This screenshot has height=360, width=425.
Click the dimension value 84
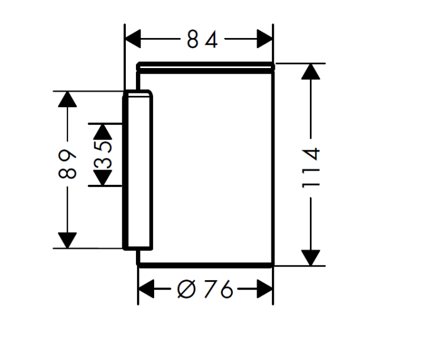[x=202, y=40]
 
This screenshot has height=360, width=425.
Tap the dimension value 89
[x=67, y=164]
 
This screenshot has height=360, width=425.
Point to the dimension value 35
[x=103, y=155]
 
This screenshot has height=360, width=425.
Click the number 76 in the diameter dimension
[x=218, y=290]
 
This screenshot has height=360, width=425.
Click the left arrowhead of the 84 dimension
[x=133, y=40]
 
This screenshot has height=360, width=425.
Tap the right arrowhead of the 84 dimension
[x=265, y=40]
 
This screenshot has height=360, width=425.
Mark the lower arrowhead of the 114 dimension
[x=311, y=257]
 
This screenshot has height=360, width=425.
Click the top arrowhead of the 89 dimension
[x=67, y=99]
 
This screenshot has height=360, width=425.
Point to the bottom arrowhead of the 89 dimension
[x=67, y=240]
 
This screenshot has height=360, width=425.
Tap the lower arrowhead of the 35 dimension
[x=102, y=179]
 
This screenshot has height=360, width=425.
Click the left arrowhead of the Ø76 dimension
[x=147, y=290]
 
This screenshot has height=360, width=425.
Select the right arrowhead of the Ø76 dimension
[x=265, y=290]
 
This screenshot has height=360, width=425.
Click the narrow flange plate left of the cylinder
[x=138, y=170]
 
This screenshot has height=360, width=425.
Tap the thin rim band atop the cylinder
[x=206, y=67]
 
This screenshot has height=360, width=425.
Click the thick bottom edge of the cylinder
[x=206, y=264]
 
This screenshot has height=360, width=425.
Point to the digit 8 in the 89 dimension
[x=67, y=172]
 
